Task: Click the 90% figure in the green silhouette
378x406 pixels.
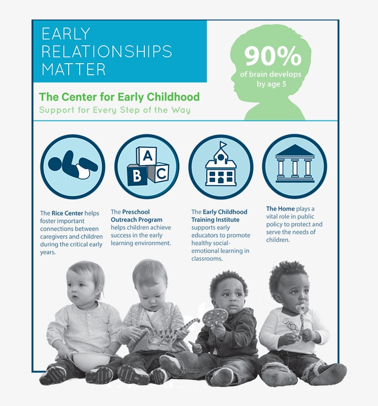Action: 272,56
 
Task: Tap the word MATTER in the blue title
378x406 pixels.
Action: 74,69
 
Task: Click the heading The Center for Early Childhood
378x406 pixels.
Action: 119,97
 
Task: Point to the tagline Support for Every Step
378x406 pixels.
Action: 114,110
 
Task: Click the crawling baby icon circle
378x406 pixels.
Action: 73,167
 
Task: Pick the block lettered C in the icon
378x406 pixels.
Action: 161,173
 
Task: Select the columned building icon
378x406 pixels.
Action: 295,164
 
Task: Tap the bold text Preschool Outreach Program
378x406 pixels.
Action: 136,216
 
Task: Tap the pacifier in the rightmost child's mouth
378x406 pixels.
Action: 302,308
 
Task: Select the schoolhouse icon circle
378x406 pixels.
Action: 221,167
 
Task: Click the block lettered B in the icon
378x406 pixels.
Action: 137,176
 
